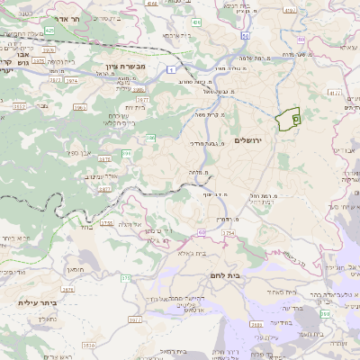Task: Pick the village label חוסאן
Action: pos(75,268)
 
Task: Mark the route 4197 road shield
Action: pos(289,11)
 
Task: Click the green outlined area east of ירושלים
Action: pos(287,120)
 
